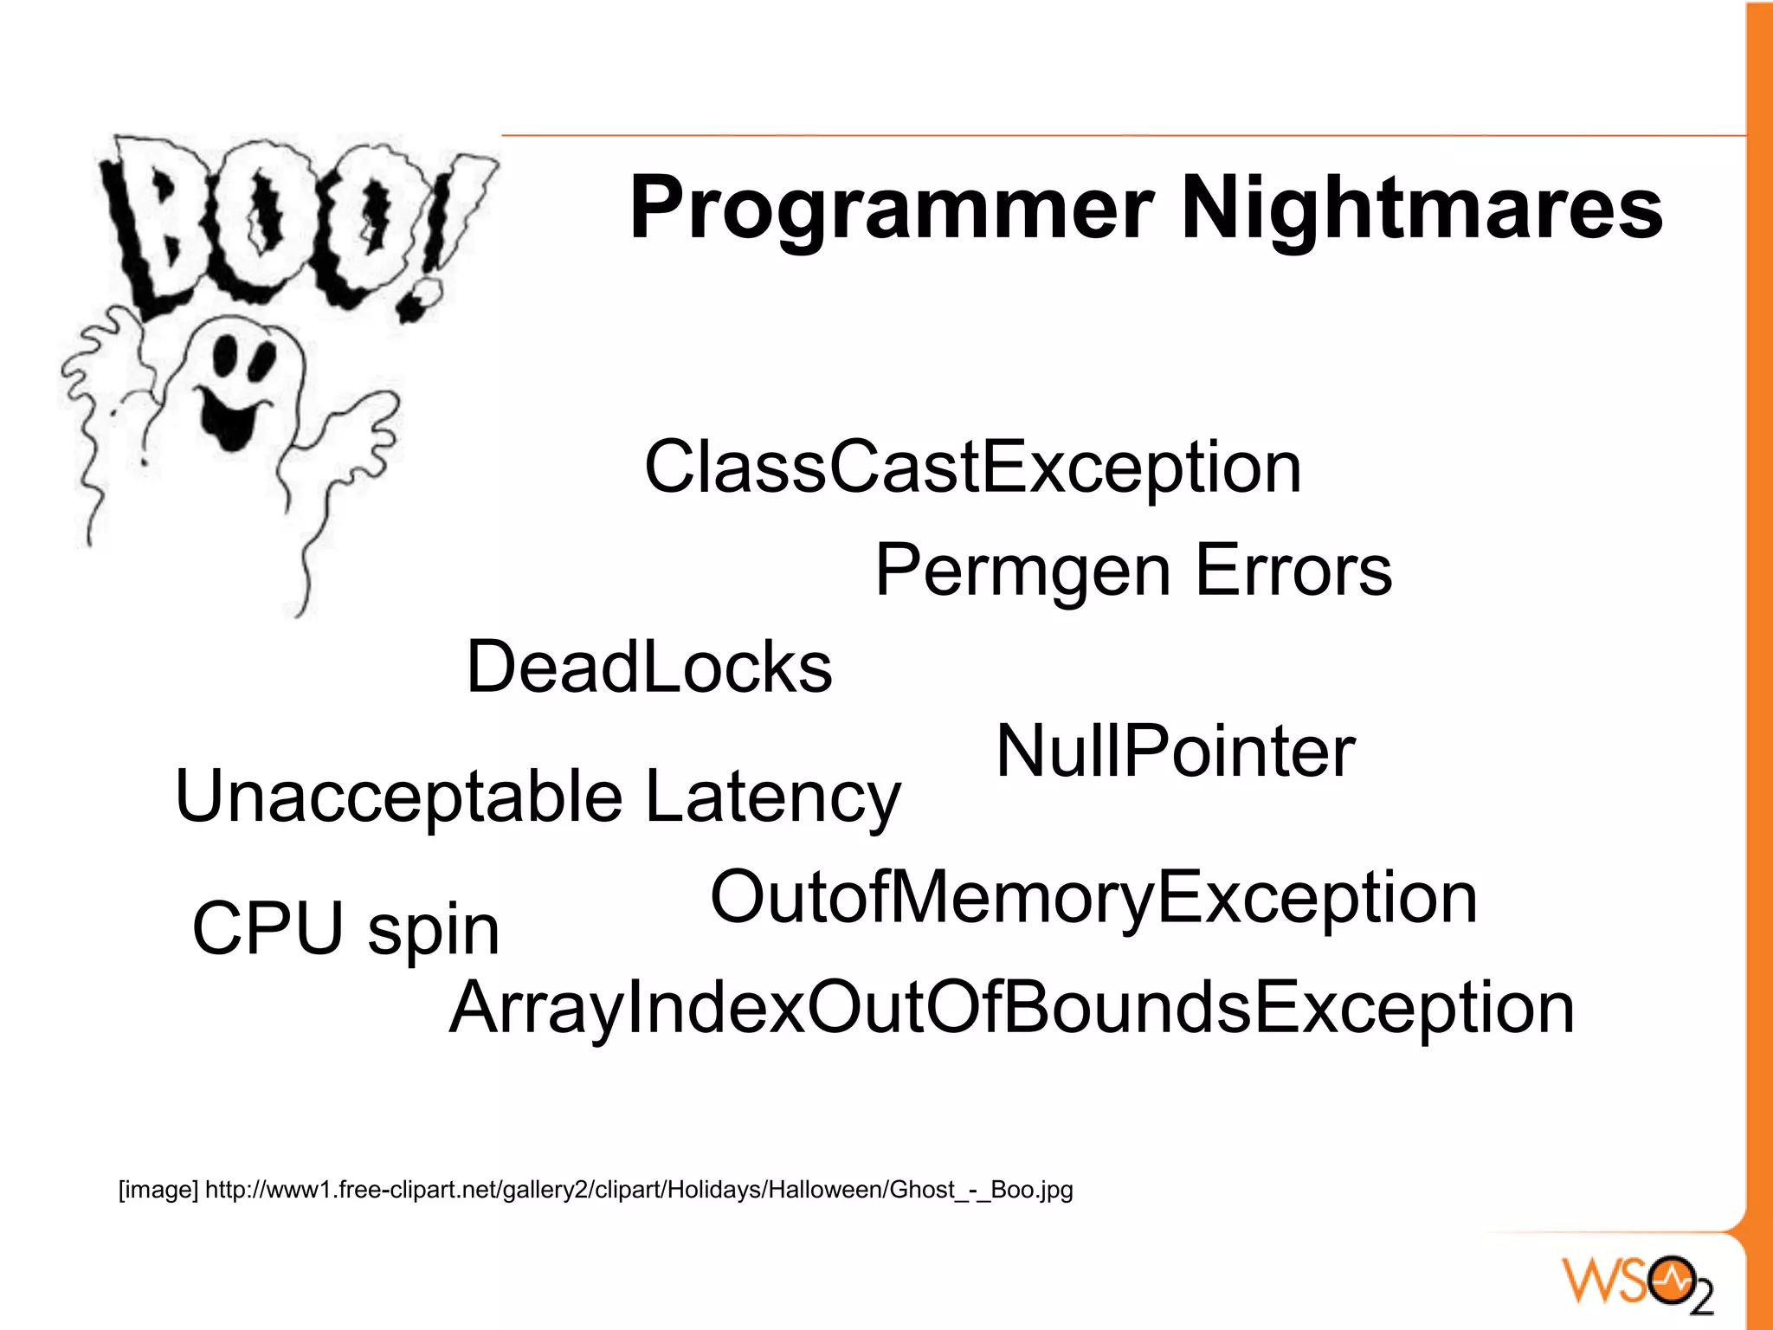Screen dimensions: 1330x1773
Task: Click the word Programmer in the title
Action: point(891,210)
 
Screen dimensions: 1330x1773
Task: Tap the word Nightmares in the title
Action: point(1422,210)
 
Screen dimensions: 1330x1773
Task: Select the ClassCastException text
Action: point(972,468)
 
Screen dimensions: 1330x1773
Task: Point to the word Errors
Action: point(1293,571)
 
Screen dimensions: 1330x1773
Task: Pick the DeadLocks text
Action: point(649,668)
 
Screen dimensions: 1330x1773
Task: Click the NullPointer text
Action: point(1175,752)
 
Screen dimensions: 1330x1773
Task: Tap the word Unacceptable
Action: point(398,797)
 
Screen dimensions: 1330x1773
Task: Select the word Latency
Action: point(773,797)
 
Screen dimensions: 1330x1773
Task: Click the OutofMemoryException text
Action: point(1093,899)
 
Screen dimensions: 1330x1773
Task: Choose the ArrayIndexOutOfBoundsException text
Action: point(1011,1009)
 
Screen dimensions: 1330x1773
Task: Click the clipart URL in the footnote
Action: point(639,1190)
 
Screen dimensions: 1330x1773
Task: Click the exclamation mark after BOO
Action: point(450,234)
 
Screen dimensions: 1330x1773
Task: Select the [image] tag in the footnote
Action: point(158,1190)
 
